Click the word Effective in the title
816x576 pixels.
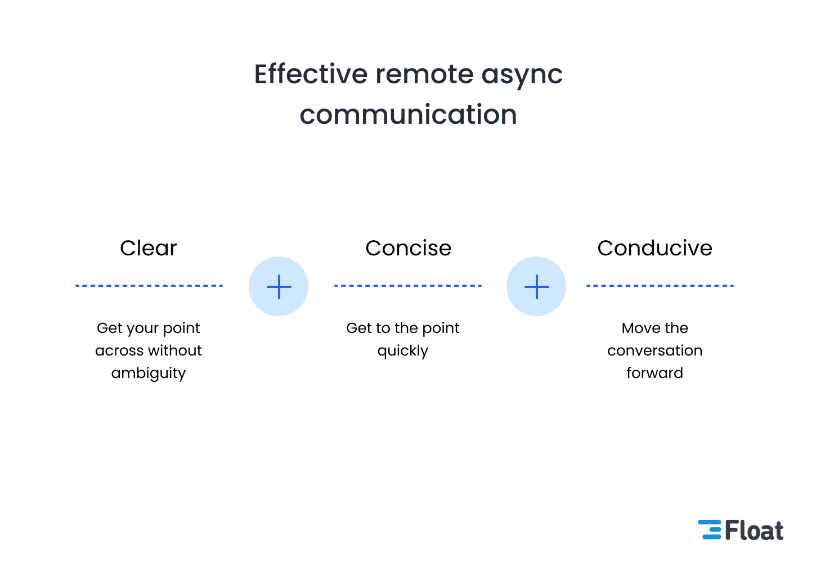(x=311, y=74)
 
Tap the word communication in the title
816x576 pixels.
(x=408, y=115)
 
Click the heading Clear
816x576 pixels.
(x=149, y=248)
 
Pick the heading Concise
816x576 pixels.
(x=408, y=248)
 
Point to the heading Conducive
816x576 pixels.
(x=654, y=248)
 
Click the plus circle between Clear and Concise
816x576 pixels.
(x=279, y=286)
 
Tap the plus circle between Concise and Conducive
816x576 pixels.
(x=536, y=286)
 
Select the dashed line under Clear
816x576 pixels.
(x=149, y=286)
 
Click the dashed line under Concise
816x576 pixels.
(x=408, y=286)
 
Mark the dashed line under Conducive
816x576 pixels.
(x=660, y=286)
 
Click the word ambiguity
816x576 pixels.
(x=149, y=373)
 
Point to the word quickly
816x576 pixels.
(x=403, y=351)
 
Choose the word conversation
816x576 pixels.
(x=654, y=350)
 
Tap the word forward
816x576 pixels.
(x=654, y=373)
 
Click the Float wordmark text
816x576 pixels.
(x=754, y=530)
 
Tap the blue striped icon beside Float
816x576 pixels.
(x=710, y=530)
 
